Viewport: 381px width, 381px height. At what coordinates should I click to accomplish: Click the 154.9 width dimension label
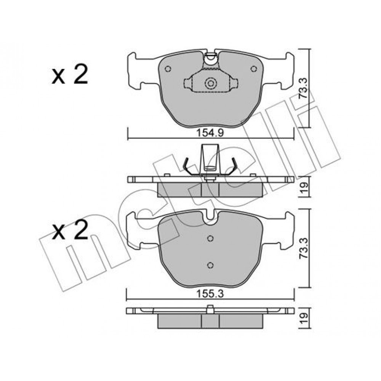tap(210, 133)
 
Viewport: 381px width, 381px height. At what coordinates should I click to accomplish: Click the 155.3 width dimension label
tap(210, 294)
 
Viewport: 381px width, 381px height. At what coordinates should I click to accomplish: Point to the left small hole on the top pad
tap(168, 69)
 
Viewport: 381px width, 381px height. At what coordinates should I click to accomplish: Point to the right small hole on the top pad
tap(254, 69)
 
